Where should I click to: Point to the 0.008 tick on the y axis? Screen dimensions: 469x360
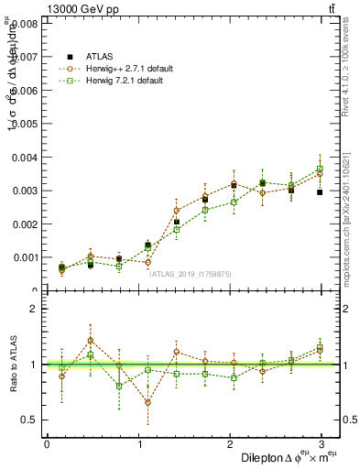point(26,24)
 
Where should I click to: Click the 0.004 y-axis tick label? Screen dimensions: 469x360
point(26,158)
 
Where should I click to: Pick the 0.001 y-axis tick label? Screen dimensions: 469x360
point(26,257)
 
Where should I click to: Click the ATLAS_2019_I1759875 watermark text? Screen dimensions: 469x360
point(191,274)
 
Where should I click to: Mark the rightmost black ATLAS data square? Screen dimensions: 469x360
point(320,192)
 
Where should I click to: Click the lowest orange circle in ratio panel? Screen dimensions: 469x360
point(147,402)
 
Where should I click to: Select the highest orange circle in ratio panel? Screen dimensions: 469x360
point(91,340)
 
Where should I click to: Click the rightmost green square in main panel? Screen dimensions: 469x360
point(320,169)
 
